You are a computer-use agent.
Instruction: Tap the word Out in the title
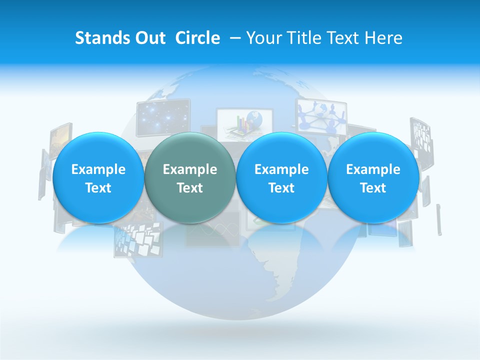[x=148, y=38]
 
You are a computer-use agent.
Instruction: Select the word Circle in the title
[x=197, y=38]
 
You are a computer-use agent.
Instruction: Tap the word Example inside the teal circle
[x=190, y=169]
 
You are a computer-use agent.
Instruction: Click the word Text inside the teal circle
[x=190, y=188]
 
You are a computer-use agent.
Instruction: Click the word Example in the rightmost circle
[x=373, y=169]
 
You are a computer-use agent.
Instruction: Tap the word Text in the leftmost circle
[x=98, y=188]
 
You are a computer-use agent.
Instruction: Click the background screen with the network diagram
[x=321, y=116]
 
